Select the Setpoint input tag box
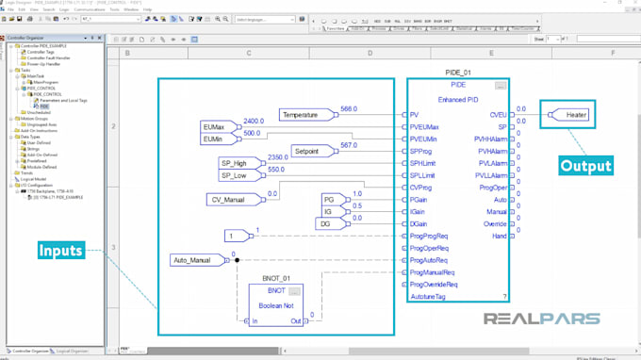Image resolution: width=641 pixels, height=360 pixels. click(x=307, y=151)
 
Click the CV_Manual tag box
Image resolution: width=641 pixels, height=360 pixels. click(x=230, y=199)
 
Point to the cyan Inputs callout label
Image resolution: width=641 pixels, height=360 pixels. click(x=60, y=252)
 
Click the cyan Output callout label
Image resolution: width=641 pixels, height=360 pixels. click(x=585, y=166)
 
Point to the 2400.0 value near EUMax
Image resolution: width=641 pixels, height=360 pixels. click(x=254, y=122)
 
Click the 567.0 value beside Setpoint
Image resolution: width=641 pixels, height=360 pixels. click(x=349, y=145)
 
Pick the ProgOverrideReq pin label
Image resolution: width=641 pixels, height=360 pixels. click(x=434, y=284)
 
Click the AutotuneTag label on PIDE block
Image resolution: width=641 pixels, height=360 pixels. click(x=429, y=296)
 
